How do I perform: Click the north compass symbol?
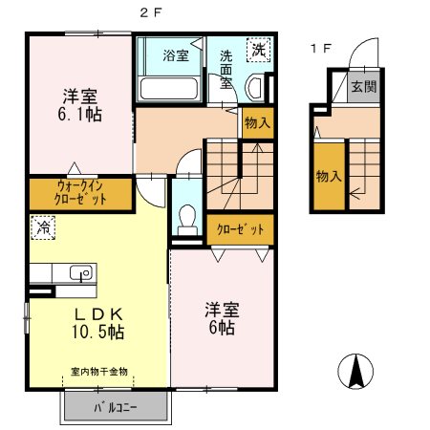(x=355, y=371)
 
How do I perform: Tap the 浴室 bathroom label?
(x=176, y=55)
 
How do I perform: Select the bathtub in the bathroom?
(x=169, y=88)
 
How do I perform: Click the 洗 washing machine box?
(x=258, y=50)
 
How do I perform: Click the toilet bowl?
(x=187, y=220)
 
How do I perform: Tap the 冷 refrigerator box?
(x=43, y=227)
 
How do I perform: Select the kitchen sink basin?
(x=81, y=273)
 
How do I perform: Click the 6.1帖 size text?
(x=79, y=115)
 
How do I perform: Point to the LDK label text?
(x=98, y=314)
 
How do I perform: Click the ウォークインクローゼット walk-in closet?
(x=80, y=194)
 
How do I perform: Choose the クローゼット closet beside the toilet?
(x=240, y=229)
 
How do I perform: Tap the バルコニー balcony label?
(x=116, y=407)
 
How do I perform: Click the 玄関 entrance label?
(x=364, y=86)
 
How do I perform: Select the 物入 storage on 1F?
(x=329, y=177)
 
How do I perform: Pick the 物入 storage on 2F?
(x=258, y=123)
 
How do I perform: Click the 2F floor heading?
(x=151, y=12)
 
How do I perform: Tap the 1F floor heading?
(x=321, y=49)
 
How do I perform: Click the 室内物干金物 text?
(x=99, y=372)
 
